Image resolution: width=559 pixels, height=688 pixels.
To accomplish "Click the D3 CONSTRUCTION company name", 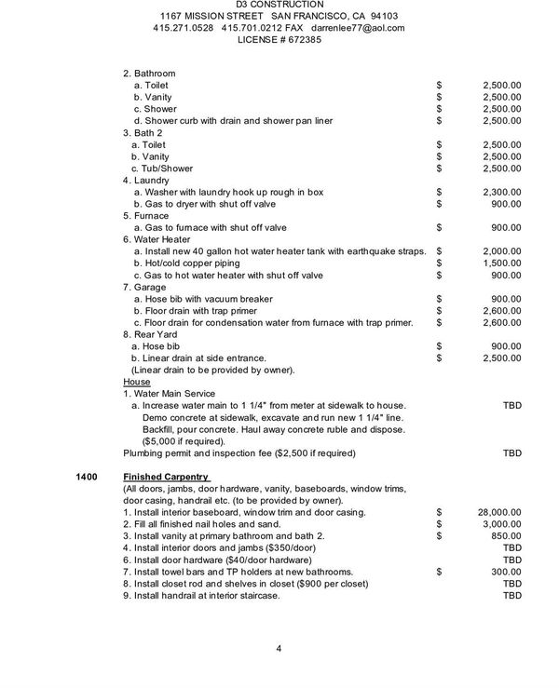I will click(279, 5).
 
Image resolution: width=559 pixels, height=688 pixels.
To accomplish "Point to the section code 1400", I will click(86, 477).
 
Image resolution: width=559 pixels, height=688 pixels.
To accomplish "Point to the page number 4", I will click(279, 648).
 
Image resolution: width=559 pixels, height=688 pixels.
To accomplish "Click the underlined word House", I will click(136, 382).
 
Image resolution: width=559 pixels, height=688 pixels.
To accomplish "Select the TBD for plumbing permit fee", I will click(512, 453).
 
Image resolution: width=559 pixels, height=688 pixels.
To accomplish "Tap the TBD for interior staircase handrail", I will click(512, 596).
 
